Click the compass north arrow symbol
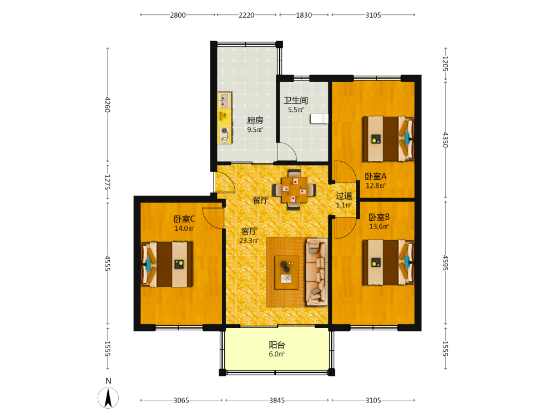108,398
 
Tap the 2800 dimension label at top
178,15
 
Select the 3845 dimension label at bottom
277,400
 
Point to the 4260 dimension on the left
108,105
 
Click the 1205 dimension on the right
445,64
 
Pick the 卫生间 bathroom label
296,100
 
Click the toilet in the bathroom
319,118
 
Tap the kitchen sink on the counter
224,101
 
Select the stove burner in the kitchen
224,131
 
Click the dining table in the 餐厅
294,190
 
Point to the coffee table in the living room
287,272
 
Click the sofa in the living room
317,272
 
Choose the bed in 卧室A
388,139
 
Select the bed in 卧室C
167,265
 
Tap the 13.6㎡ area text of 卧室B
379,227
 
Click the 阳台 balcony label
277,345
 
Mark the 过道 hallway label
344,196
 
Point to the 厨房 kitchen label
255,121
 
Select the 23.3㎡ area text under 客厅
249,240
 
